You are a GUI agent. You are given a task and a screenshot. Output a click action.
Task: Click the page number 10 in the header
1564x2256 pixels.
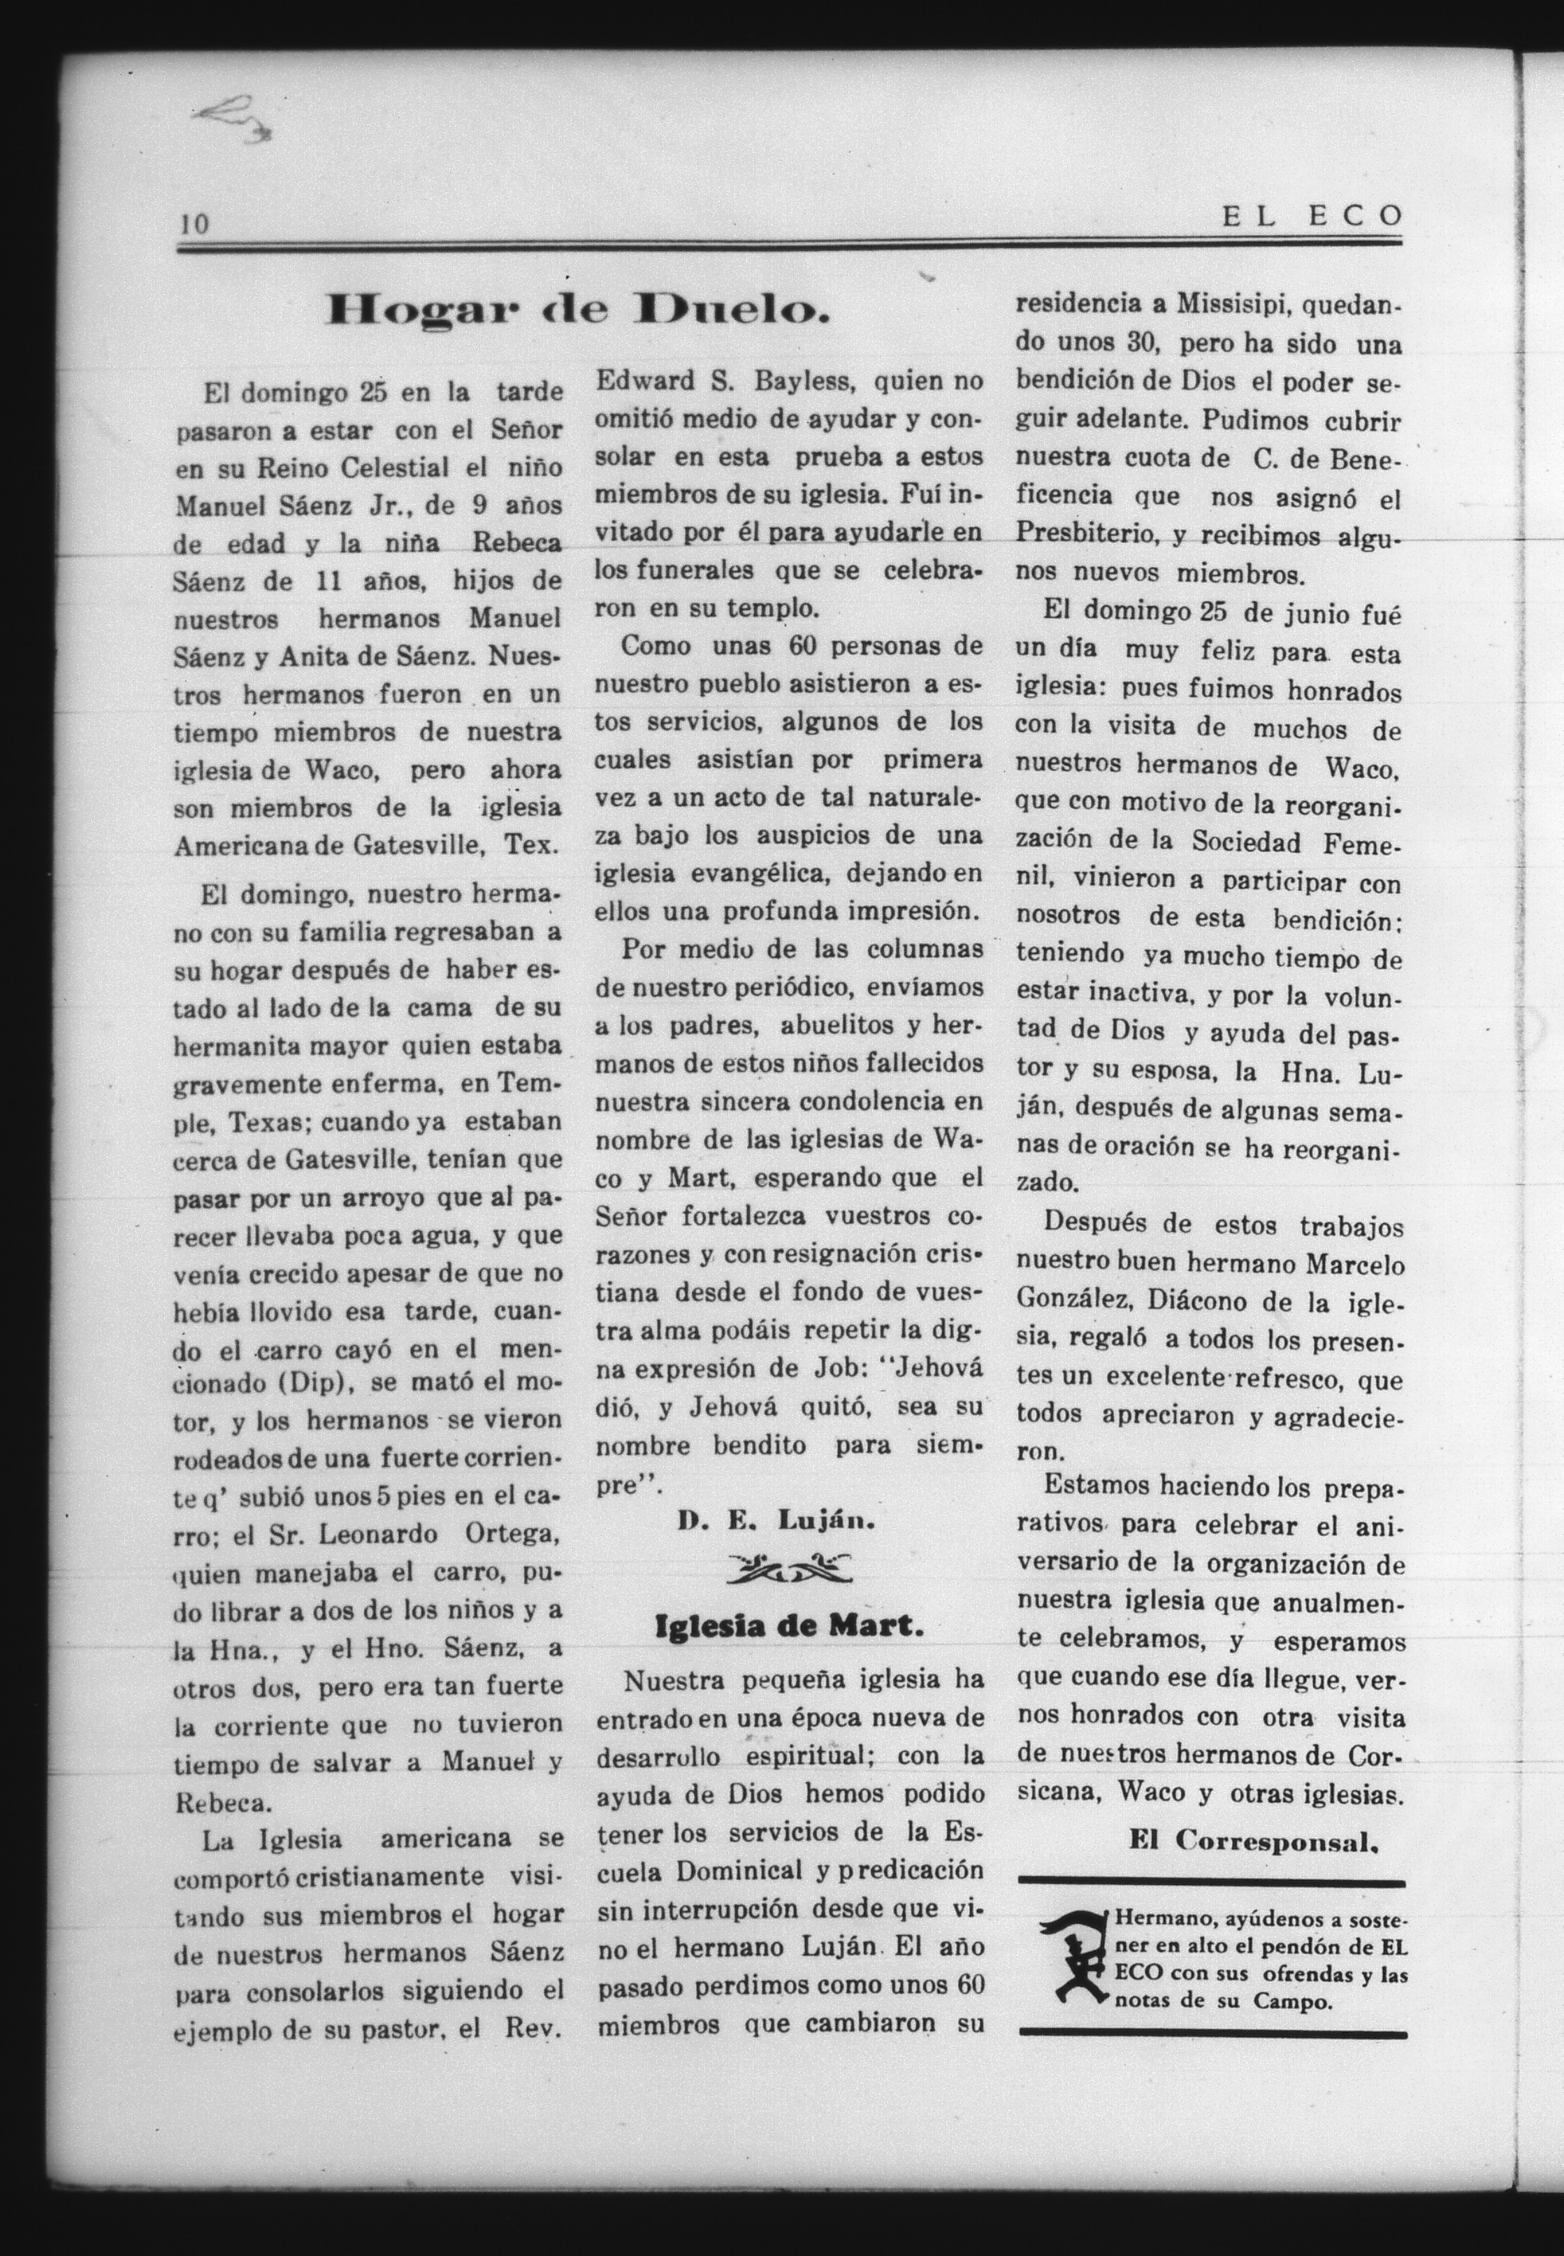pos(194,224)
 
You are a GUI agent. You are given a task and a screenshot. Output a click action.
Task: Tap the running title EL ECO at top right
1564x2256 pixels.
pos(1312,217)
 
